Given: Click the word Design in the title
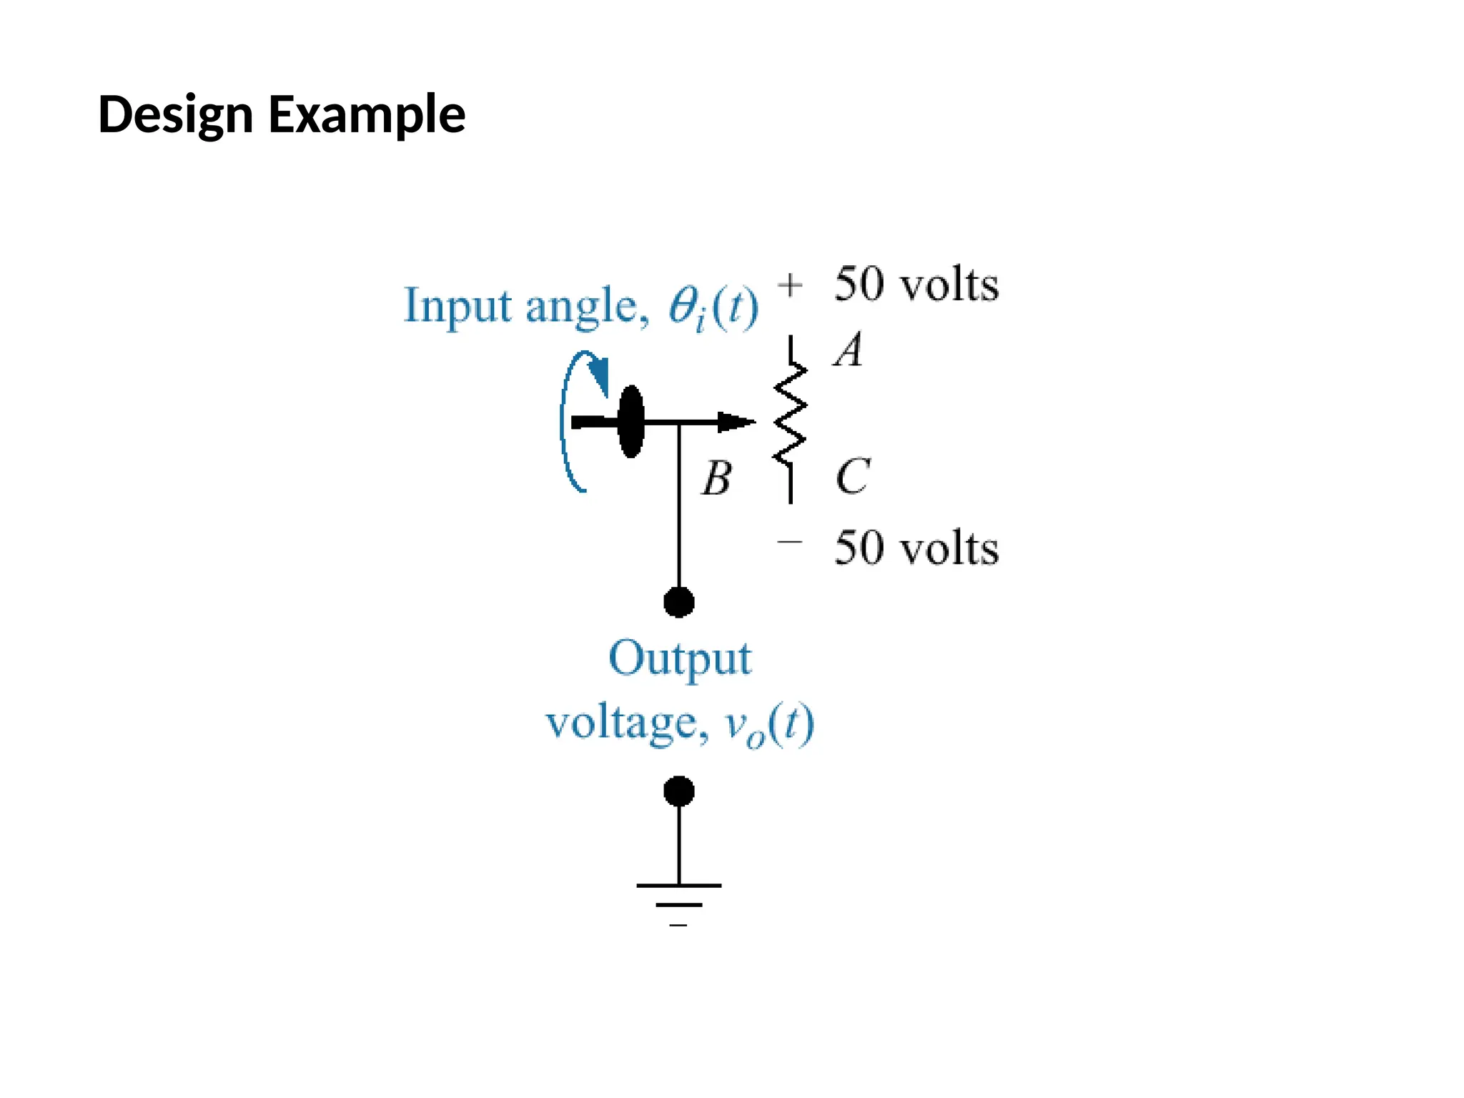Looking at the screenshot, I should (x=175, y=114).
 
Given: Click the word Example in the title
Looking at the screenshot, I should (x=367, y=114).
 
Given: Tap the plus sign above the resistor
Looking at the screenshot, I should (x=790, y=285).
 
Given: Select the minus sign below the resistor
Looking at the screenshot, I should (x=789, y=542).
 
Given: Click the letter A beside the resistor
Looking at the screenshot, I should (x=849, y=350).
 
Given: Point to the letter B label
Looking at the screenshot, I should (x=716, y=478).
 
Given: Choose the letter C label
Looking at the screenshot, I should (x=852, y=476).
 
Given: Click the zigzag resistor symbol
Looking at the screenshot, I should (x=790, y=415).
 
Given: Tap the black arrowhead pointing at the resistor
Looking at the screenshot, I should (x=735, y=422).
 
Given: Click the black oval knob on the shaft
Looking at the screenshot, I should (x=630, y=422).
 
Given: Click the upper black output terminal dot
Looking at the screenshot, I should (x=678, y=602).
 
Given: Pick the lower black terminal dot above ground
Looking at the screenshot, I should (x=678, y=791).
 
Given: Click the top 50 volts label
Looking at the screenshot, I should (x=916, y=285).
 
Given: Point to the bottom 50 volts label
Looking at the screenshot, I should (x=916, y=548).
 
